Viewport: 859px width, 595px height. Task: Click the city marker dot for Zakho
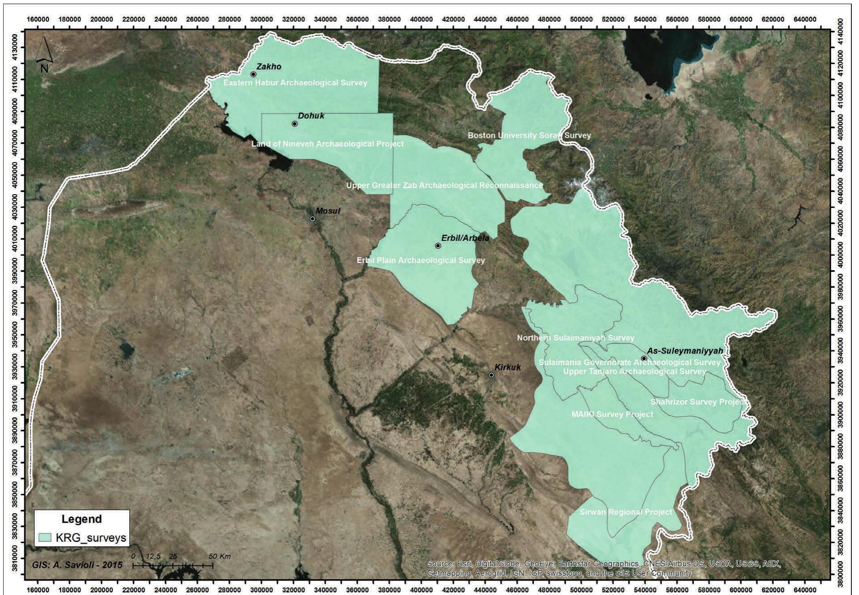click(x=253, y=74)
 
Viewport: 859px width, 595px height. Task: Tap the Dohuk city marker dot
click(x=294, y=124)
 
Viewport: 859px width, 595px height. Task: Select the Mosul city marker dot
click(x=313, y=219)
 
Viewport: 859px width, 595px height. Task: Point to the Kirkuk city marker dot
click(x=491, y=375)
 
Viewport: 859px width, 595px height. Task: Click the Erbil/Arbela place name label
click(x=465, y=238)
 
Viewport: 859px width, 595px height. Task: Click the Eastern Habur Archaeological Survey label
click(x=295, y=83)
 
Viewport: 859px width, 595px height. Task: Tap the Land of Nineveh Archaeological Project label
click(x=328, y=144)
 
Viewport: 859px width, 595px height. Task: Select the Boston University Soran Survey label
click(x=529, y=136)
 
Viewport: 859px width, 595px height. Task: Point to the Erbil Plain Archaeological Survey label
click(x=421, y=260)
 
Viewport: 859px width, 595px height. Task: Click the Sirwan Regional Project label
click(x=626, y=512)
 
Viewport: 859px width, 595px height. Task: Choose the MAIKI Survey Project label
click(x=612, y=414)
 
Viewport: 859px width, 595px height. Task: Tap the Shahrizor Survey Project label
click(x=699, y=402)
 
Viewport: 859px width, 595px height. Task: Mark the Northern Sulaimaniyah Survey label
click(x=576, y=338)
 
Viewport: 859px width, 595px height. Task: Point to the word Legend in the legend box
click(x=82, y=519)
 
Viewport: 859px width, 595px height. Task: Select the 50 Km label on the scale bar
click(x=219, y=556)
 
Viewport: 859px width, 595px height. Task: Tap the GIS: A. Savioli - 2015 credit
click(x=77, y=565)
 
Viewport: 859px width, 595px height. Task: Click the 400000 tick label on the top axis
click(x=421, y=19)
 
